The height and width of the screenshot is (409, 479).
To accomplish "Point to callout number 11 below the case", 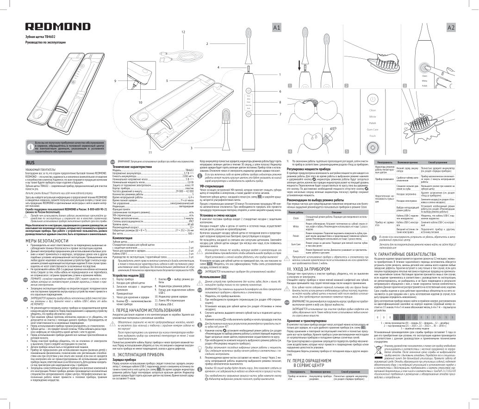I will coord(149,152).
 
